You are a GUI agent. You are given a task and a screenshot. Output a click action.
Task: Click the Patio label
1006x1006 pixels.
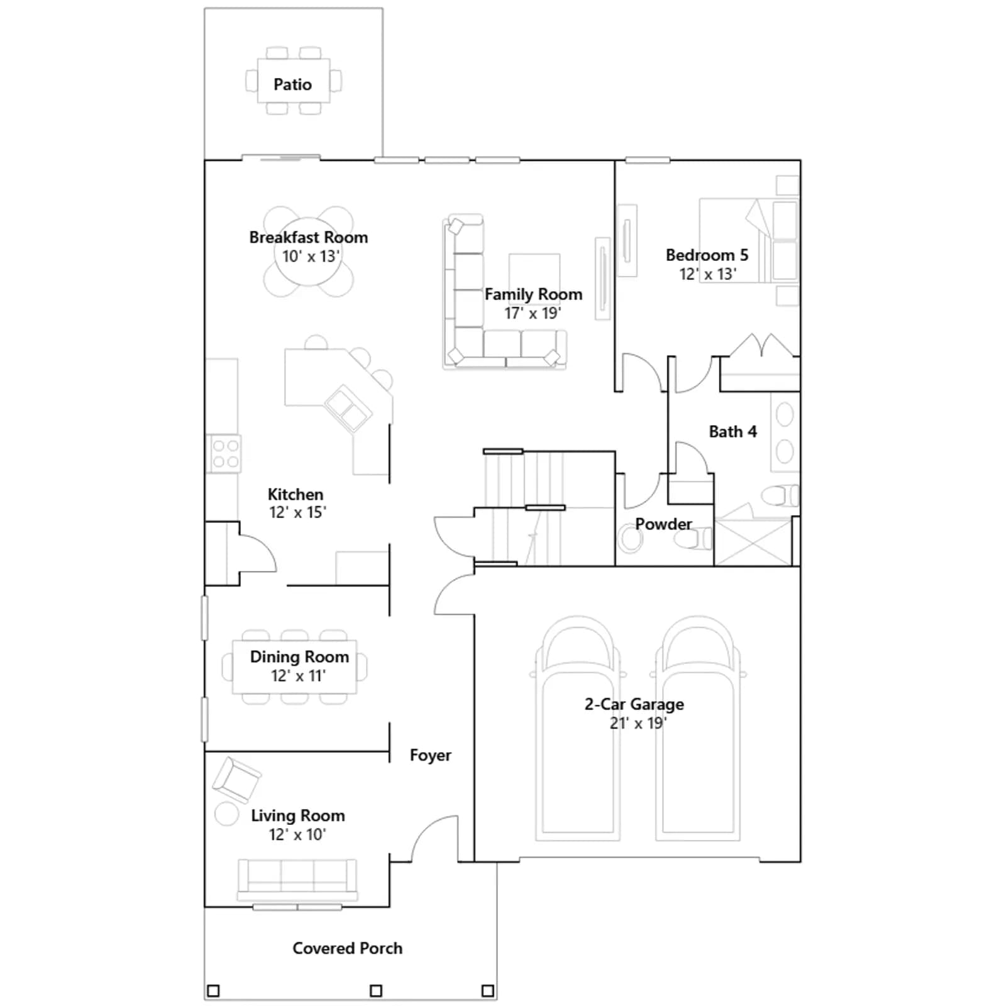292,84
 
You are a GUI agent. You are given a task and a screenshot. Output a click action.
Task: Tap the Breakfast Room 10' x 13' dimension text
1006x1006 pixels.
311,257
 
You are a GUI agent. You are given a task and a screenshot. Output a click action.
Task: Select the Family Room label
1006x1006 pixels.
533,294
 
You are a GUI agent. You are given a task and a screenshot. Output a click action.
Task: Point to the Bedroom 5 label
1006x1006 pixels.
707,255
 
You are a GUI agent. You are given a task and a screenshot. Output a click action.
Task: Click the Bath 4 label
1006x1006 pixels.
732,431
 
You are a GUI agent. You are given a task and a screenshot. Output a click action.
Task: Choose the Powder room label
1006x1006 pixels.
663,524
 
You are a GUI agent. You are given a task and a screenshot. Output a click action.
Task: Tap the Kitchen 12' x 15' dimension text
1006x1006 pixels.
297,512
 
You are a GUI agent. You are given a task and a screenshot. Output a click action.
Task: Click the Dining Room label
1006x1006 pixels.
299,656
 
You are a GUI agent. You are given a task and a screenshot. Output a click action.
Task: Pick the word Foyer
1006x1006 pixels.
431,755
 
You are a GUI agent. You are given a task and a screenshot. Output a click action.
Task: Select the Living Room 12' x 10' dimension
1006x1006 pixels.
297,834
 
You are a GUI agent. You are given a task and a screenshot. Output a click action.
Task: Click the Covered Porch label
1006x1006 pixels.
347,948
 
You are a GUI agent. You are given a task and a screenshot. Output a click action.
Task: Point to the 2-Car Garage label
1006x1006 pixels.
634,704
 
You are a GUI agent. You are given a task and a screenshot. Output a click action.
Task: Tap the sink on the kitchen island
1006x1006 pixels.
348,408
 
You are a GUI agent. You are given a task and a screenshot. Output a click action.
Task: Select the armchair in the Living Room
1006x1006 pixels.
236,780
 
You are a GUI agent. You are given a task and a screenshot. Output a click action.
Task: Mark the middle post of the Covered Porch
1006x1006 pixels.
376,991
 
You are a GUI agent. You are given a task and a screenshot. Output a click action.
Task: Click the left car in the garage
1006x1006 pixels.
578,728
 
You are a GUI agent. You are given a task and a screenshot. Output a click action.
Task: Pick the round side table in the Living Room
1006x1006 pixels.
226,814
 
